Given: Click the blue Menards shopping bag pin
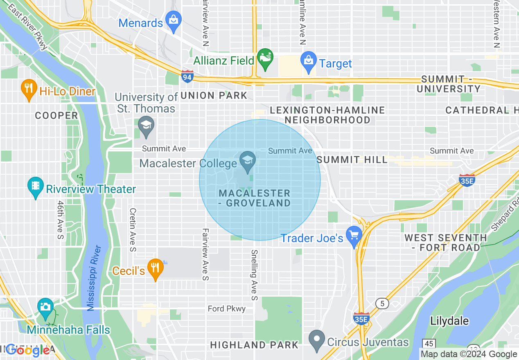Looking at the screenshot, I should (174, 20).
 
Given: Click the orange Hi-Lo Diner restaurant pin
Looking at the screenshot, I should (29, 89).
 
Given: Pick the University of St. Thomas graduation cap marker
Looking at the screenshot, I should (146, 125).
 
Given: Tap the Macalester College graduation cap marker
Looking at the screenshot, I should (247, 162).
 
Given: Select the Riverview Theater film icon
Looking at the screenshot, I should (36, 187).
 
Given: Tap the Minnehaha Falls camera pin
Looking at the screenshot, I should (45, 307).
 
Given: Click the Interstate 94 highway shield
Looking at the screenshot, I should (187, 76).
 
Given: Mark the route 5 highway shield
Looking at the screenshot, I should (382, 303).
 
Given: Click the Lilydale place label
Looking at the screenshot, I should (449, 321).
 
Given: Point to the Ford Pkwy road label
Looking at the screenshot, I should (226, 308).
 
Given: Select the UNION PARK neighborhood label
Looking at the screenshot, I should (214, 96).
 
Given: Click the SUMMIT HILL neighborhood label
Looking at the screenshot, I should (352, 160).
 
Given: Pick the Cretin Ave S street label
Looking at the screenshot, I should (132, 229).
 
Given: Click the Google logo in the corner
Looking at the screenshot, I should (28, 350).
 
